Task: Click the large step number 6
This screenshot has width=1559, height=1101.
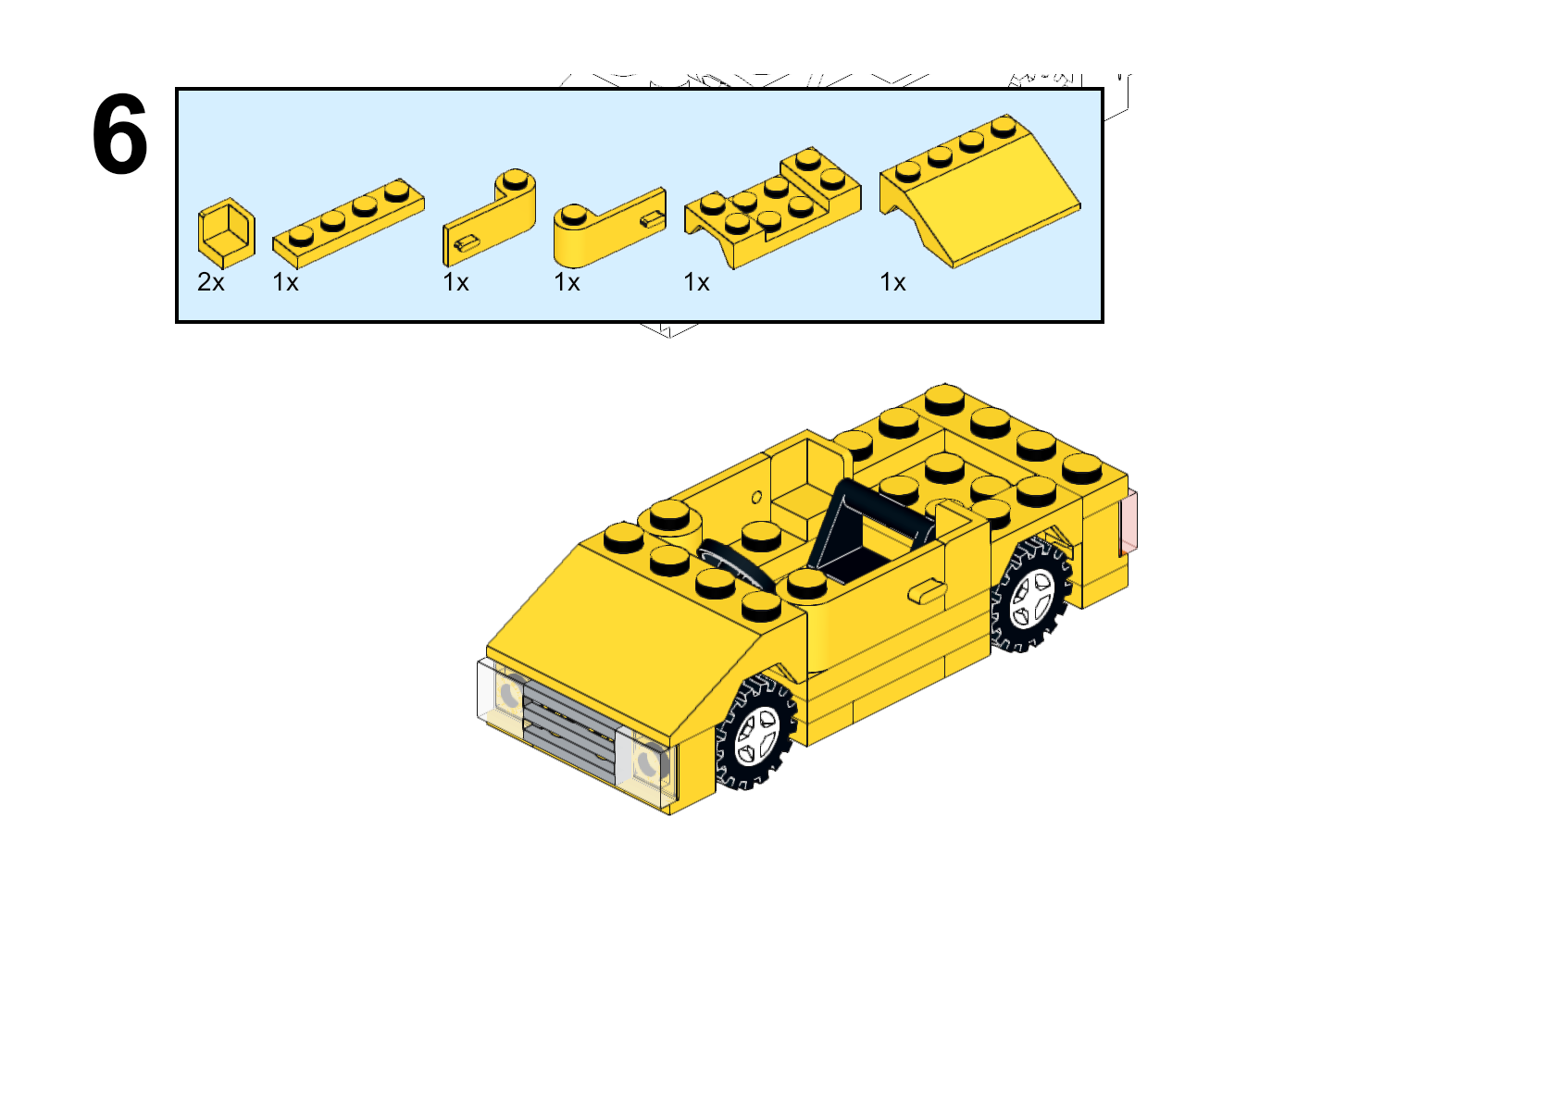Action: click(119, 134)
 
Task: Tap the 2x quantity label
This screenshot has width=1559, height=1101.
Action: click(211, 282)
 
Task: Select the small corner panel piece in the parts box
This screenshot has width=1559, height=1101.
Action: click(227, 233)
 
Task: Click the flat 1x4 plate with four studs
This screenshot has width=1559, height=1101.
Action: click(348, 223)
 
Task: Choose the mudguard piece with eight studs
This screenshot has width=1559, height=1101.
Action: click(772, 207)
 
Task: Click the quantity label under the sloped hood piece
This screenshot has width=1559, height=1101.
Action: click(893, 282)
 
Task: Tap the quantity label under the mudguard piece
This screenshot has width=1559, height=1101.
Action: click(697, 282)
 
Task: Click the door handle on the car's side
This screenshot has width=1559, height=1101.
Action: click(927, 592)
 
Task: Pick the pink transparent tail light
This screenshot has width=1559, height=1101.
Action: click(1129, 522)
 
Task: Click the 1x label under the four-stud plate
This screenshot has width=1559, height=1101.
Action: click(285, 282)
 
